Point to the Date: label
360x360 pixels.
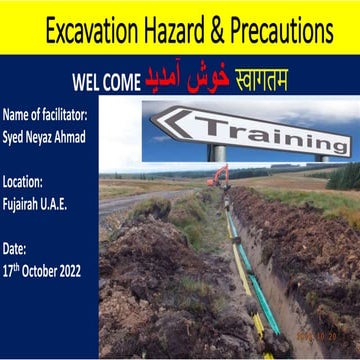pos(16,247)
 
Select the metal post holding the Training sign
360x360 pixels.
pos(217,153)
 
